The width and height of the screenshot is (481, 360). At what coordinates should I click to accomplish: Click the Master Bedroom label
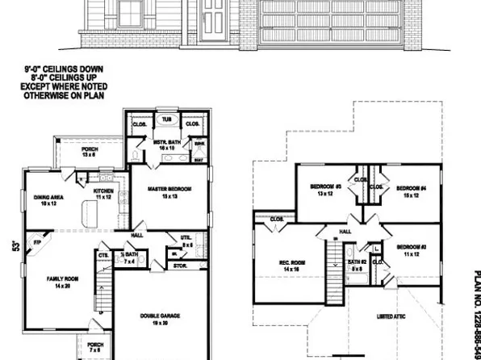point(169,189)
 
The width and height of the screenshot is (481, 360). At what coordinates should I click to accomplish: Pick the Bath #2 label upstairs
point(358,265)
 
